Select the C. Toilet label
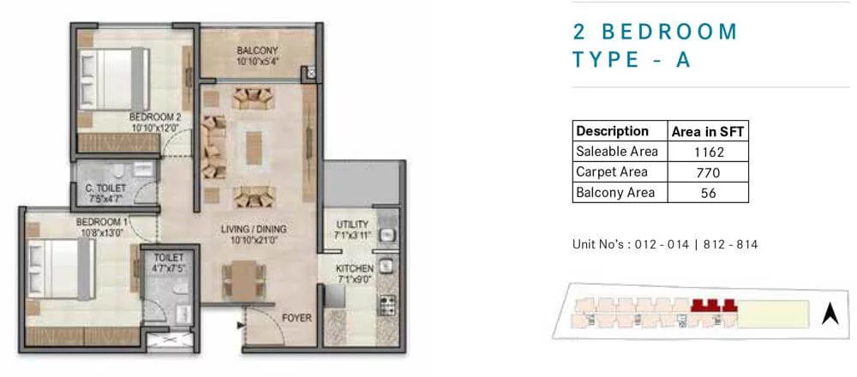click(x=105, y=188)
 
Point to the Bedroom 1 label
click(x=102, y=222)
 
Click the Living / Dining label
click(x=254, y=229)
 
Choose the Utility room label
click(x=352, y=224)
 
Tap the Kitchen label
click(x=354, y=268)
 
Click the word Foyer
click(x=297, y=317)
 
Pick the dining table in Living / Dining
click(x=244, y=280)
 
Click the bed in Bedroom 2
click(x=114, y=80)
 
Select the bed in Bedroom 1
click(x=60, y=269)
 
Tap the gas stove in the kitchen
click(x=387, y=305)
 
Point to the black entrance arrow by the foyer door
click(x=240, y=326)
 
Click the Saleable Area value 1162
click(x=709, y=152)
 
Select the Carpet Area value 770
click(x=709, y=173)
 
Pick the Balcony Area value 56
click(x=709, y=193)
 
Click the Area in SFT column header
click(x=708, y=131)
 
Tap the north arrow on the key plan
click(x=830, y=314)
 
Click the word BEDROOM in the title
click(x=670, y=32)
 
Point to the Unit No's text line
click(x=665, y=244)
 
